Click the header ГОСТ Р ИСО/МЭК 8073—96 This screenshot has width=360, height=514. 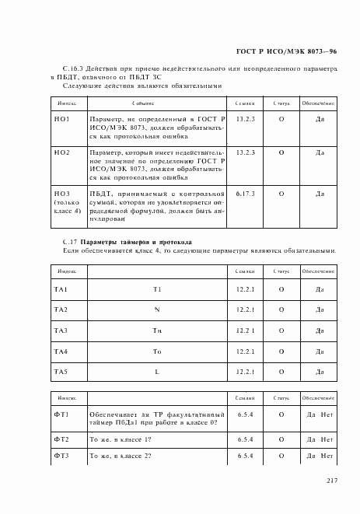286,51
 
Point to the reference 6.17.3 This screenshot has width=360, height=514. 245,191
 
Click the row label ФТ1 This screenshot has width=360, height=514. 61,415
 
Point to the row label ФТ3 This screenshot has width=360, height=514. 61,456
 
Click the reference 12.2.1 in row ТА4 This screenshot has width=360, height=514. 246,351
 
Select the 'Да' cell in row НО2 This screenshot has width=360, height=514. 320,153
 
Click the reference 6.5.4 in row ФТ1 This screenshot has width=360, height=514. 246,415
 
